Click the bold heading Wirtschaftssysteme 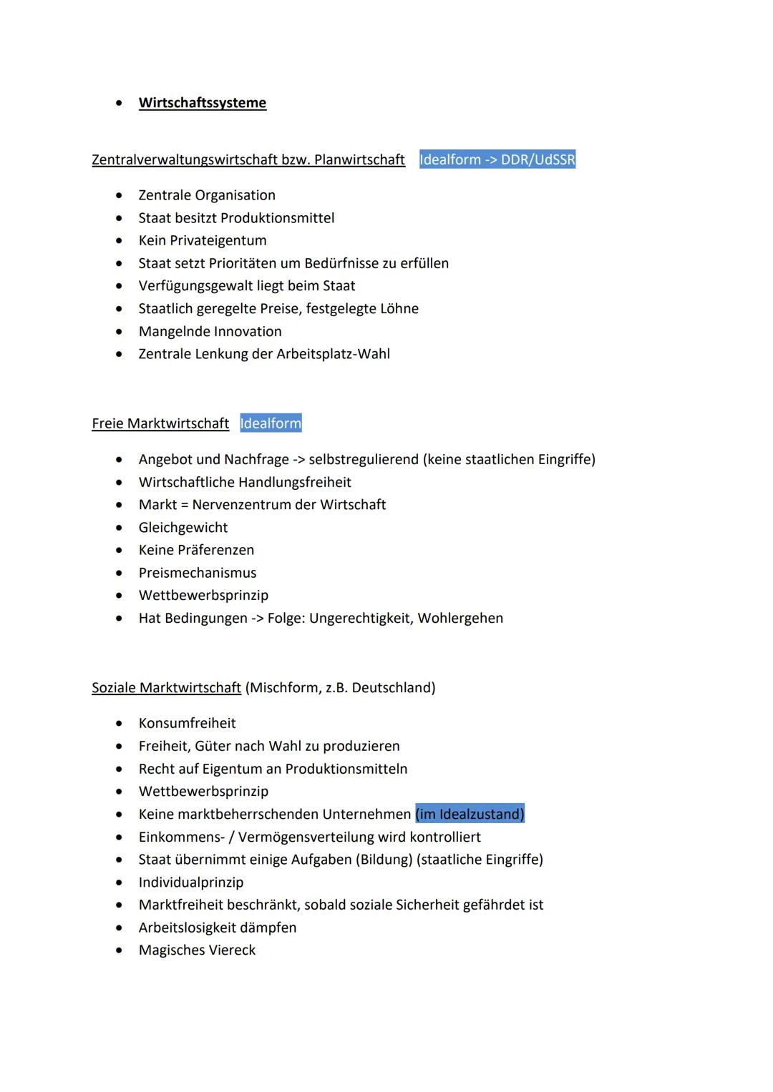(x=203, y=103)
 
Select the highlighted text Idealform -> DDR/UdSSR (x=497, y=159)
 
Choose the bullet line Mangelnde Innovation (x=210, y=332)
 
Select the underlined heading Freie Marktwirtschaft (x=160, y=423)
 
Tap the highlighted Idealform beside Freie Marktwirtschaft (x=271, y=423)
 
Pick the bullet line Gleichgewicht (x=183, y=528)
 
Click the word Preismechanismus (x=198, y=573)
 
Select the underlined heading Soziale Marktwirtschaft (x=166, y=688)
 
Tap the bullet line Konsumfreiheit (x=187, y=724)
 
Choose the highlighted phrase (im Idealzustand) (x=470, y=815)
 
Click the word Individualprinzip (x=191, y=882)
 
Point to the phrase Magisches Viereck (x=197, y=950)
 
